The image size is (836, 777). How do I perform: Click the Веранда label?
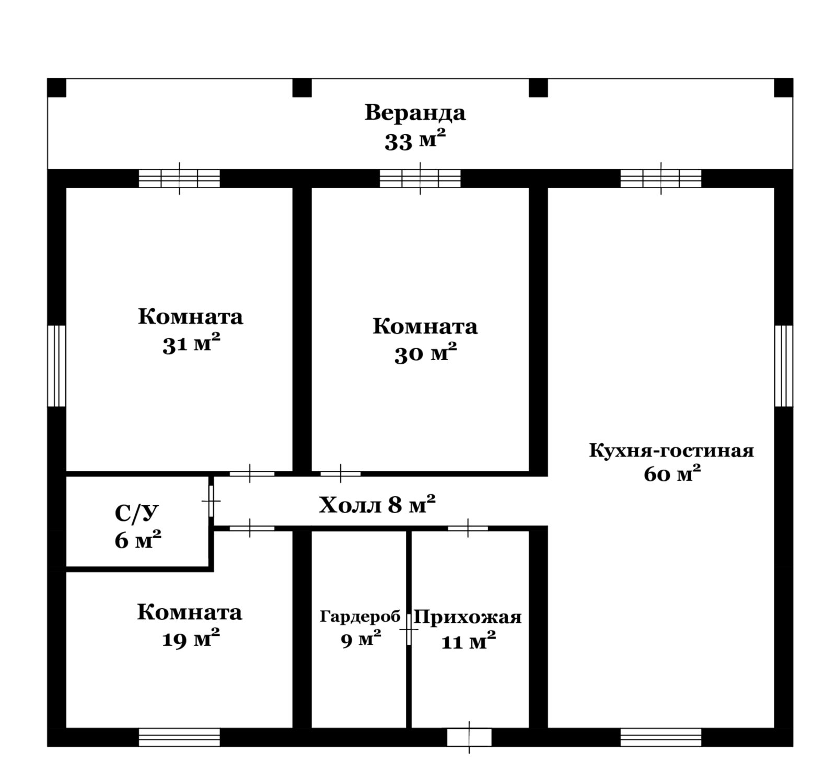[415, 113]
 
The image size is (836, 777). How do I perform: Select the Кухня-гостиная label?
[671, 451]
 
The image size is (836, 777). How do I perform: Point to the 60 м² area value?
[672, 474]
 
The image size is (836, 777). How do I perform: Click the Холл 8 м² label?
[377, 505]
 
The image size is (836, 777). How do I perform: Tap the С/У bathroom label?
[136, 514]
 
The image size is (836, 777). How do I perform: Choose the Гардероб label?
[360, 617]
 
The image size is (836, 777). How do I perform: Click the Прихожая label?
[468, 617]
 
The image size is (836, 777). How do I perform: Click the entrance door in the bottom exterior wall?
[469, 737]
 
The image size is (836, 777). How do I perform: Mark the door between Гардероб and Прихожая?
[409, 630]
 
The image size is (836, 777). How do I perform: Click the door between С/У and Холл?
[211, 501]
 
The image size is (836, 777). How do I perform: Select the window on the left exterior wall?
[56, 366]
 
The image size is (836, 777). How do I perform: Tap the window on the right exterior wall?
[784, 366]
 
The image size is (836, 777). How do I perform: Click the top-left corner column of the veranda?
[57, 88]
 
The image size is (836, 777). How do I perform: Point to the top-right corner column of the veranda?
[783, 88]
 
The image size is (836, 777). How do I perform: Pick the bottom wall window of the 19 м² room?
[179, 737]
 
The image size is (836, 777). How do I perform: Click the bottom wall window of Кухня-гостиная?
[661, 737]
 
